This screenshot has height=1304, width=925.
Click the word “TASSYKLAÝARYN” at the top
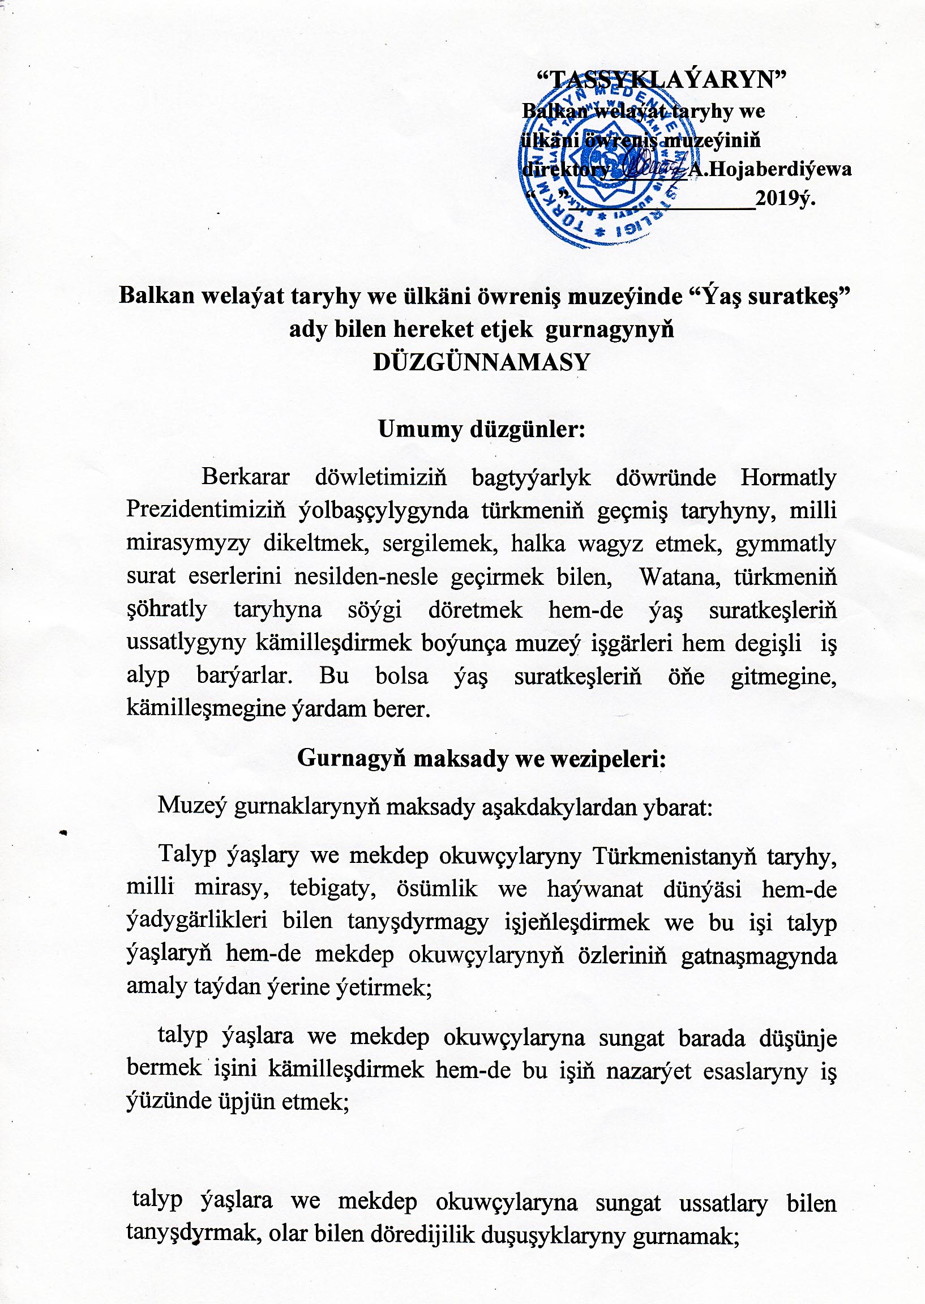coord(662,79)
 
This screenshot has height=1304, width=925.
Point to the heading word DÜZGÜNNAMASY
coord(481,362)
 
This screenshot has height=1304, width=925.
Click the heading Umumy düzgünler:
coord(482,429)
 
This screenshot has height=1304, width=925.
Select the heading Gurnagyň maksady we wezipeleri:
coord(482,758)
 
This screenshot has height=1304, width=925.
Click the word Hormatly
coord(789,477)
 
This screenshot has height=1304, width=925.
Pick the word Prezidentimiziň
coord(205,509)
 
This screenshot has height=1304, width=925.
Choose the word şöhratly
coord(166,610)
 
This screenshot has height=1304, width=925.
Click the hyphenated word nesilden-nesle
coord(366,576)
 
